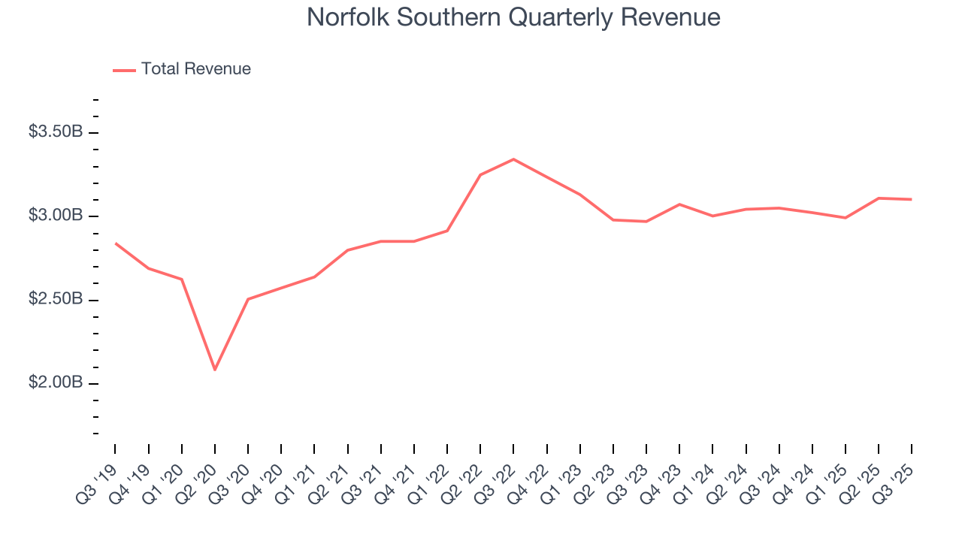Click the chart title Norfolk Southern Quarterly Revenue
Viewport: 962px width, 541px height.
coord(513,17)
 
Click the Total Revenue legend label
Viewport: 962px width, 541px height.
coord(195,69)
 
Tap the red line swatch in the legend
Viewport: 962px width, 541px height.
coord(124,70)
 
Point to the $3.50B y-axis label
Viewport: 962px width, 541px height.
coord(55,132)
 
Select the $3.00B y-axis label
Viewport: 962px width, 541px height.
coord(55,216)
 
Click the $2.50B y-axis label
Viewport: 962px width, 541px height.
coord(55,300)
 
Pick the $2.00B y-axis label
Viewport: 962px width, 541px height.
coord(55,383)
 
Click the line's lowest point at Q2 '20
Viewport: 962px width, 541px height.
coord(215,370)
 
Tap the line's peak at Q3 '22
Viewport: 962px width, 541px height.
coord(513,159)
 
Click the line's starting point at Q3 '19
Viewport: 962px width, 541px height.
coord(115,243)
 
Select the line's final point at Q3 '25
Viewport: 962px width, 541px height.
coord(912,199)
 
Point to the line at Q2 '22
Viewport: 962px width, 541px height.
coord(480,175)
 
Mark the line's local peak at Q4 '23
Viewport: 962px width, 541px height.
coord(679,204)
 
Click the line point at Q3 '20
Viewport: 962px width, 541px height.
coord(248,299)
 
